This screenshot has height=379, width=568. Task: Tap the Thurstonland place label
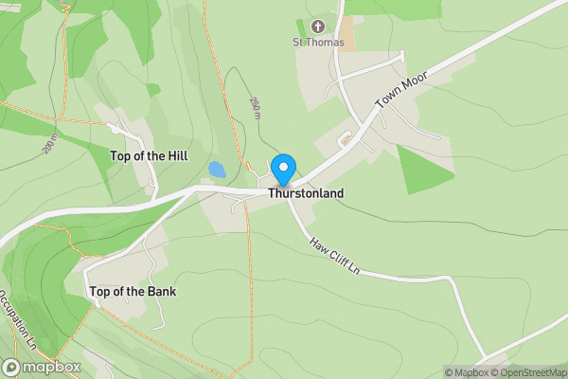tap(305, 193)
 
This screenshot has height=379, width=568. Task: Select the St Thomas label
tap(317, 41)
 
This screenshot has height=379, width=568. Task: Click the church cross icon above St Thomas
tap(317, 27)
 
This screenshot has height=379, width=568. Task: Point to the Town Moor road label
tap(396, 90)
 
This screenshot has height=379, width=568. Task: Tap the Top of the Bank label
tap(133, 291)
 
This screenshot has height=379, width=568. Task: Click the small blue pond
tap(217, 171)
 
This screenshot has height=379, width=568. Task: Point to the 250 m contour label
tap(255, 107)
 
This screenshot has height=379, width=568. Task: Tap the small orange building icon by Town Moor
tap(346, 140)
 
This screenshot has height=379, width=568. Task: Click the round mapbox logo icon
tap(12, 367)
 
